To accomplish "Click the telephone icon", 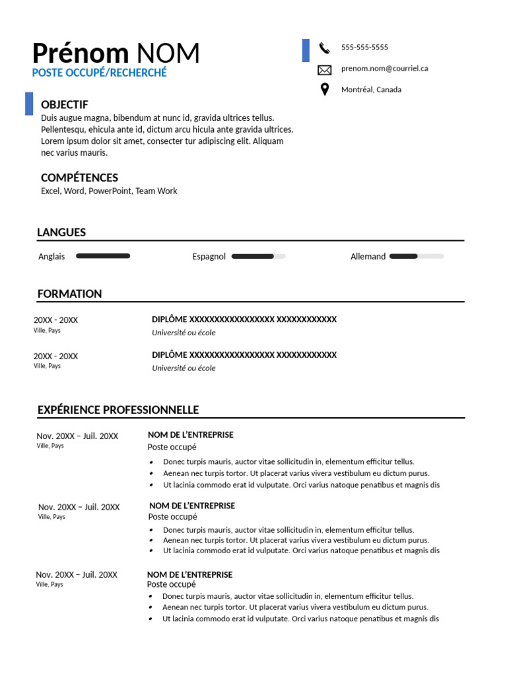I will [324, 48].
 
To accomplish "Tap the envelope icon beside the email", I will [324, 69].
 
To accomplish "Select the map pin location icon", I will [324, 90].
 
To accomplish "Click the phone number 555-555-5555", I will [364, 48].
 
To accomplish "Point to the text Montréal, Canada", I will [371, 90].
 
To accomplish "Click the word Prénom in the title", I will [80, 53].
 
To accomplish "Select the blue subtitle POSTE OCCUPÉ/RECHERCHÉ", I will [100, 73].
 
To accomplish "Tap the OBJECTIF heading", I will [64, 105].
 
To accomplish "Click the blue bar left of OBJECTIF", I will [29, 104].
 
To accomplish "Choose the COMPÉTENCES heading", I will [79, 178].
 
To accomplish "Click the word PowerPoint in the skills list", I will [110, 191].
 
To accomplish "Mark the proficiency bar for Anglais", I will [103, 255].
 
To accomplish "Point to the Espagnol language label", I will [209, 257].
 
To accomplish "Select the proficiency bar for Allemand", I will [417, 256].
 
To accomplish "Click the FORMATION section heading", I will [69, 294].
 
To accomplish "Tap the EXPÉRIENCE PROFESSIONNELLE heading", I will [118, 410].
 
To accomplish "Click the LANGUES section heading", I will [61, 232].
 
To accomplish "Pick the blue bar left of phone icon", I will [306, 50].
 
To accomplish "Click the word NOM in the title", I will [168, 53].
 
